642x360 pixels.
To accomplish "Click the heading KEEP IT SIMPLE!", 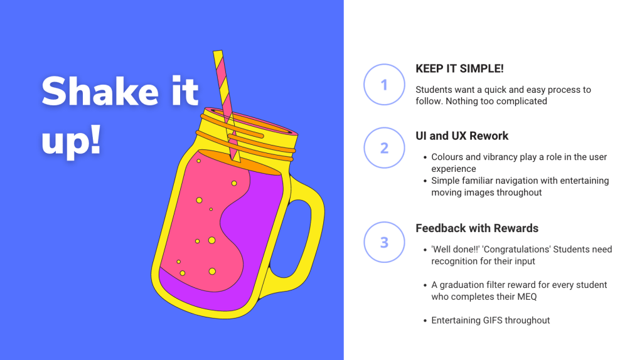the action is click(459, 69).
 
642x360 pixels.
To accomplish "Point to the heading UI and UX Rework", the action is click(462, 136).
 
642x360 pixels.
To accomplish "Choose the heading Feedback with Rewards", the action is click(477, 228).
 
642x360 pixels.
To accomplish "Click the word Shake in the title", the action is click(100, 91).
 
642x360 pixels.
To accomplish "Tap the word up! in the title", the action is click(72, 140).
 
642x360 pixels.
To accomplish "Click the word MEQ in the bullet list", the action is click(527, 297).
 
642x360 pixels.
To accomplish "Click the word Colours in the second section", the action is click(447, 157).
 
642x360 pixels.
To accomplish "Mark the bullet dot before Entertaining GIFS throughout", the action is click(425, 321).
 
